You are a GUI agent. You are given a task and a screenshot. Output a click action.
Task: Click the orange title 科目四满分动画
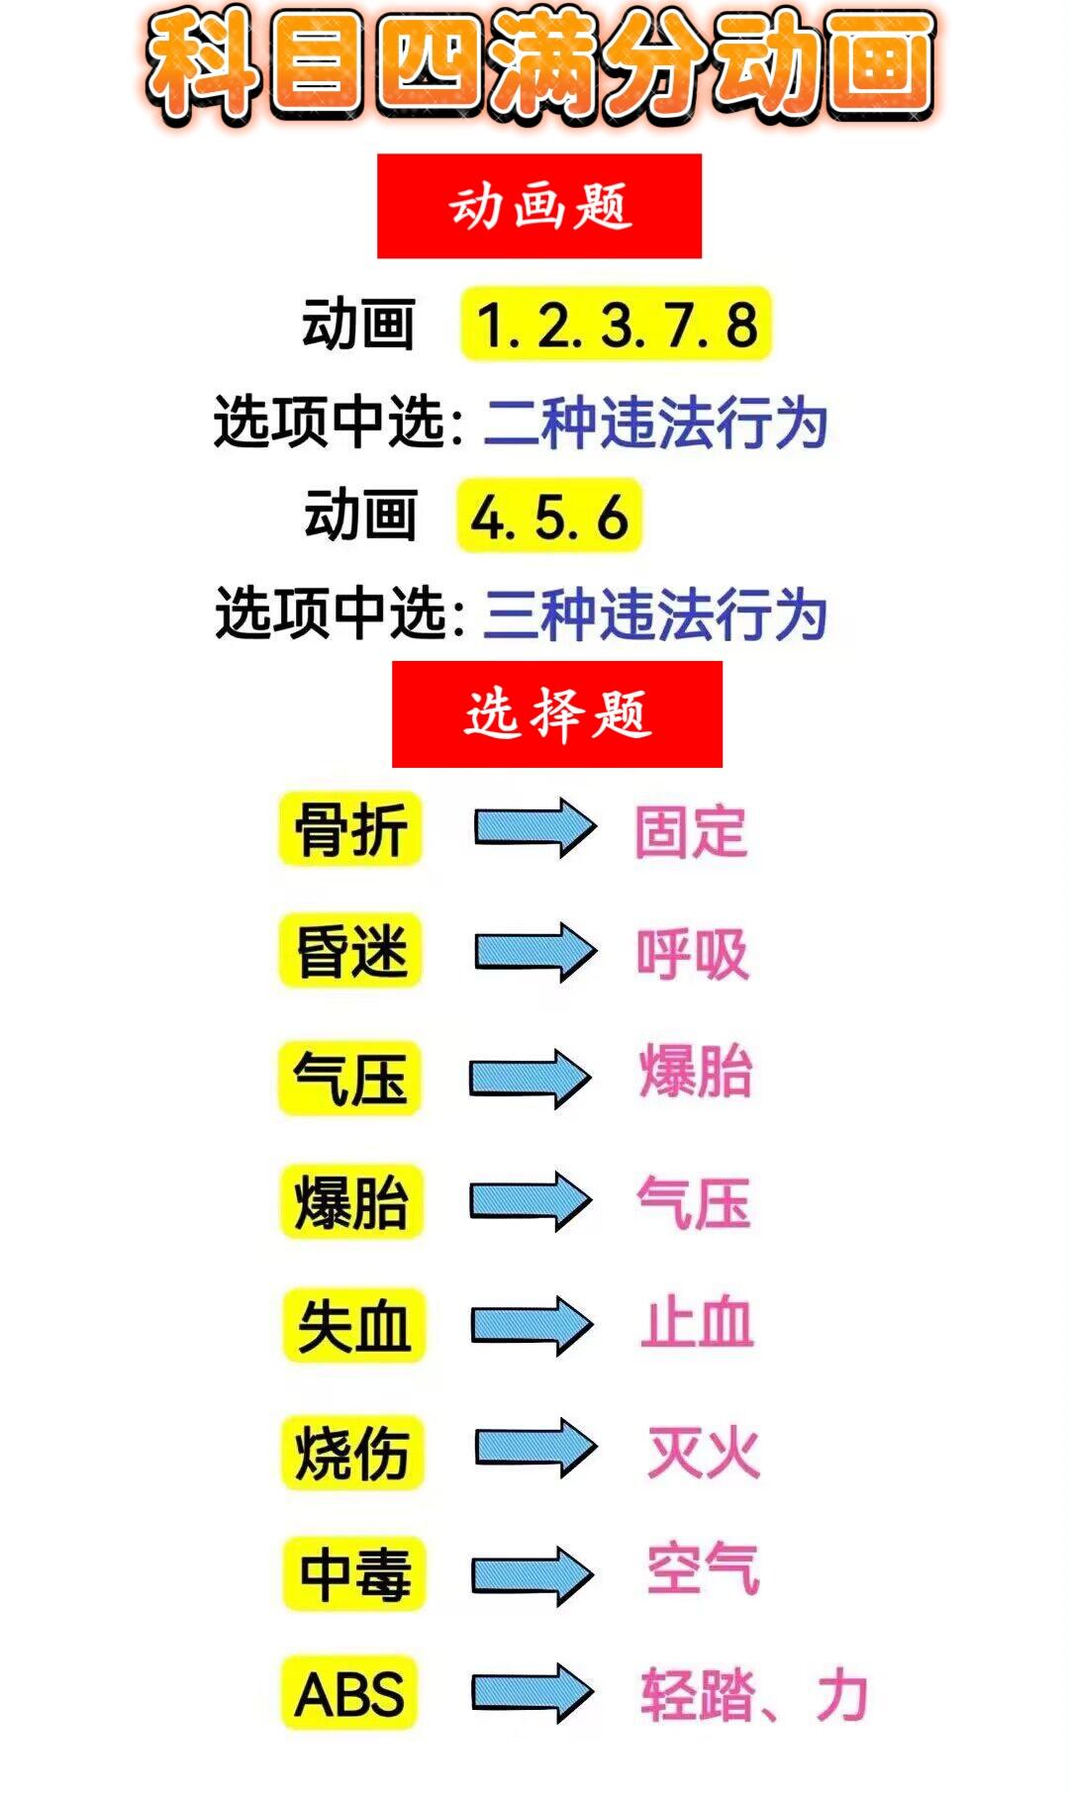click(x=539, y=65)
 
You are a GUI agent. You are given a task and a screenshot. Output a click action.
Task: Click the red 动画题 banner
click(x=539, y=206)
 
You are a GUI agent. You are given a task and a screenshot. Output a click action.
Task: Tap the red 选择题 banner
click(x=557, y=713)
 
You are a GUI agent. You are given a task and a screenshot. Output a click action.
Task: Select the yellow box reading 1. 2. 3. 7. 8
click(x=616, y=325)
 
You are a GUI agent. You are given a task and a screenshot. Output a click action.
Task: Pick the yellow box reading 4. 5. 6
click(x=549, y=516)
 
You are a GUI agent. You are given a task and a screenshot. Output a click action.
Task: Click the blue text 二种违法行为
click(x=655, y=423)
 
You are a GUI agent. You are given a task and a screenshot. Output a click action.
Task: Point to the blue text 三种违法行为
click(x=655, y=614)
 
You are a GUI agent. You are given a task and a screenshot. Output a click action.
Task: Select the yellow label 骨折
click(x=351, y=829)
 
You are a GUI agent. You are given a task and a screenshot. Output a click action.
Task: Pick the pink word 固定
click(x=691, y=831)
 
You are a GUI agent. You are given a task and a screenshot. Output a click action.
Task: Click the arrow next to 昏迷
click(x=534, y=952)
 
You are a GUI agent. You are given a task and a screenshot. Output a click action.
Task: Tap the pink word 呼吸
click(x=692, y=955)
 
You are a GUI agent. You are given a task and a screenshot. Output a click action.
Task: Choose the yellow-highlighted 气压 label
click(x=350, y=1078)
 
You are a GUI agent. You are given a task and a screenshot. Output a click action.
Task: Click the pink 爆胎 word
click(x=696, y=1072)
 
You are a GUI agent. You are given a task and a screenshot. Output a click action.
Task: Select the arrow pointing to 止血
click(x=532, y=1325)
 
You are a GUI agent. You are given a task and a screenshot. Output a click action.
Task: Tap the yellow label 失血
click(x=353, y=1326)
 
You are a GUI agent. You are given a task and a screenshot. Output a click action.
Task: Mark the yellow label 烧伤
click(x=352, y=1453)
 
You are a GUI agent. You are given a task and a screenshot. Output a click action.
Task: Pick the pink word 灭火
click(x=704, y=1453)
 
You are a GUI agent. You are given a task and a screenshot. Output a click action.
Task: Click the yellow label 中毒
click(x=354, y=1573)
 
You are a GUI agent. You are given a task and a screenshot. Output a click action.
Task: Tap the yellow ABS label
click(x=349, y=1693)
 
